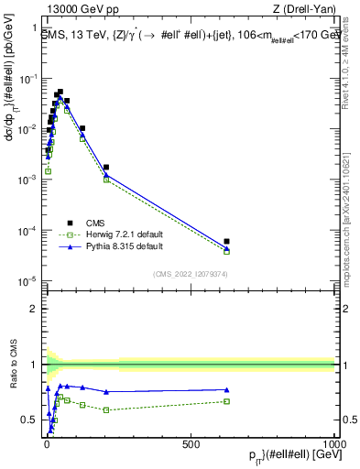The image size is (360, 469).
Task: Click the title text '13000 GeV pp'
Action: pos(71,9)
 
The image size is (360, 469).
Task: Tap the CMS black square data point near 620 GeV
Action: pos(226,242)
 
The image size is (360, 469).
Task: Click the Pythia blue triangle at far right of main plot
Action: pos(226,248)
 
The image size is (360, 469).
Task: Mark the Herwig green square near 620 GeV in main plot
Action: pos(226,251)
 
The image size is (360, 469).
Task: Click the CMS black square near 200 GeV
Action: pos(106,168)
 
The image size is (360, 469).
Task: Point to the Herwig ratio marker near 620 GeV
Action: pos(226,401)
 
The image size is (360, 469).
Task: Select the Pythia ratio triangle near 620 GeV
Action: pos(226,389)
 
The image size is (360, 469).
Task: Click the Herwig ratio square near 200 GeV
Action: pos(106,409)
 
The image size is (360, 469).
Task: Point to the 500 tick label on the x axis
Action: pos(191,442)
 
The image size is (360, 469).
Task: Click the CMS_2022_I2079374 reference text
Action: pos(190,272)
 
